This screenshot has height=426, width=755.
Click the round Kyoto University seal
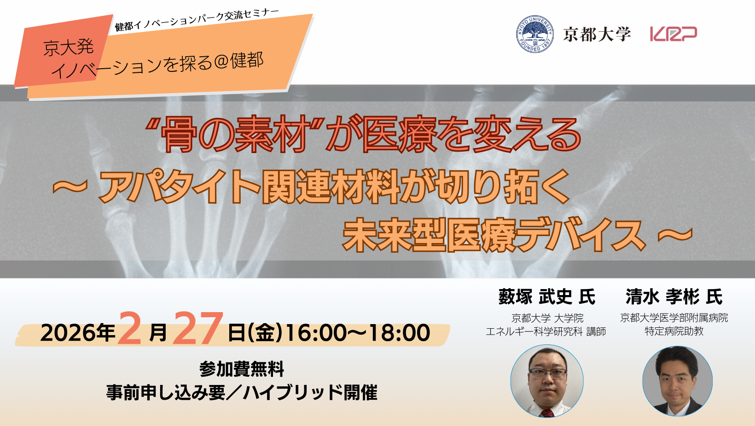pos(535,34)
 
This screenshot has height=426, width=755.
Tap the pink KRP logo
pos(674,34)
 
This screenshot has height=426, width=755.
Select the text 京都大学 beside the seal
pos(597,34)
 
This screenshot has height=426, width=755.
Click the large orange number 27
pos(197,328)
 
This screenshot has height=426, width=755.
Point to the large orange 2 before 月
pos(129,328)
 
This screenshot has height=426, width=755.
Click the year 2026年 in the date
pos(78,332)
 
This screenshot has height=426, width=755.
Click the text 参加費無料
pos(242,369)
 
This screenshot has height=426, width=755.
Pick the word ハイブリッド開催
pos(310,392)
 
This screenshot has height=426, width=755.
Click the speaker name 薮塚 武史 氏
pos(547,297)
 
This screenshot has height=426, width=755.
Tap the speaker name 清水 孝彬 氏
pos(674,297)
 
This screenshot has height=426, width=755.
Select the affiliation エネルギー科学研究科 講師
pos(546,331)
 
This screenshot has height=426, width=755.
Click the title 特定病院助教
pos(674,331)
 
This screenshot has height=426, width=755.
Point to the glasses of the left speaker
pos(547,373)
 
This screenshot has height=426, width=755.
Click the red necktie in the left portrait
pos(547,413)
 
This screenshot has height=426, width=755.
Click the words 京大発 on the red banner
pos(69,47)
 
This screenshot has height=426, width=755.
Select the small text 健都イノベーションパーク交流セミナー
pos(197,20)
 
